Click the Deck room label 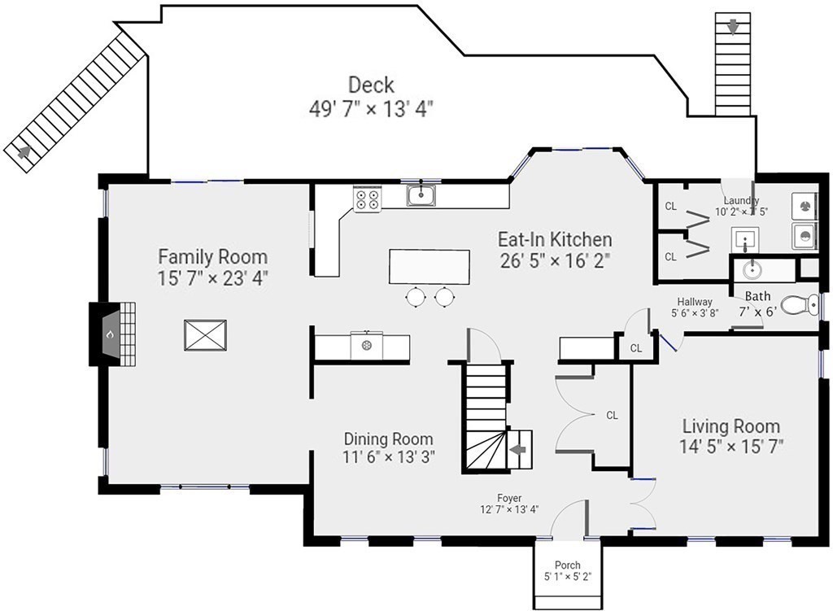[x=371, y=85]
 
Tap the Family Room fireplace [x=112, y=334]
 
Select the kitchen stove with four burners [x=368, y=199]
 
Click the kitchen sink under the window [x=422, y=194]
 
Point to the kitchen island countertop [x=430, y=267]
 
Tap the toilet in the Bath [x=800, y=305]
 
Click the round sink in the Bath [x=752, y=269]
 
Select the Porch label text [x=567, y=565]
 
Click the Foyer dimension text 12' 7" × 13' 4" [x=509, y=509]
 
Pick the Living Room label [x=731, y=426]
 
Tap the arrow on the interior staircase [x=518, y=449]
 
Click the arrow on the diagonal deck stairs [x=24, y=152]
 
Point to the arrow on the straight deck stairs [x=733, y=26]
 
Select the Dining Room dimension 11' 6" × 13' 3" [x=389, y=456]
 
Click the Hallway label [x=695, y=301]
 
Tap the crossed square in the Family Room [x=205, y=334]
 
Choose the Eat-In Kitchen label [x=555, y=239]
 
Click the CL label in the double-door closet [x=612, y=415]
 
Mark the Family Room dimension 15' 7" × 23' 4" [x=212, y=278]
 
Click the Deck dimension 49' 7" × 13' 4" [x=371, y=110]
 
